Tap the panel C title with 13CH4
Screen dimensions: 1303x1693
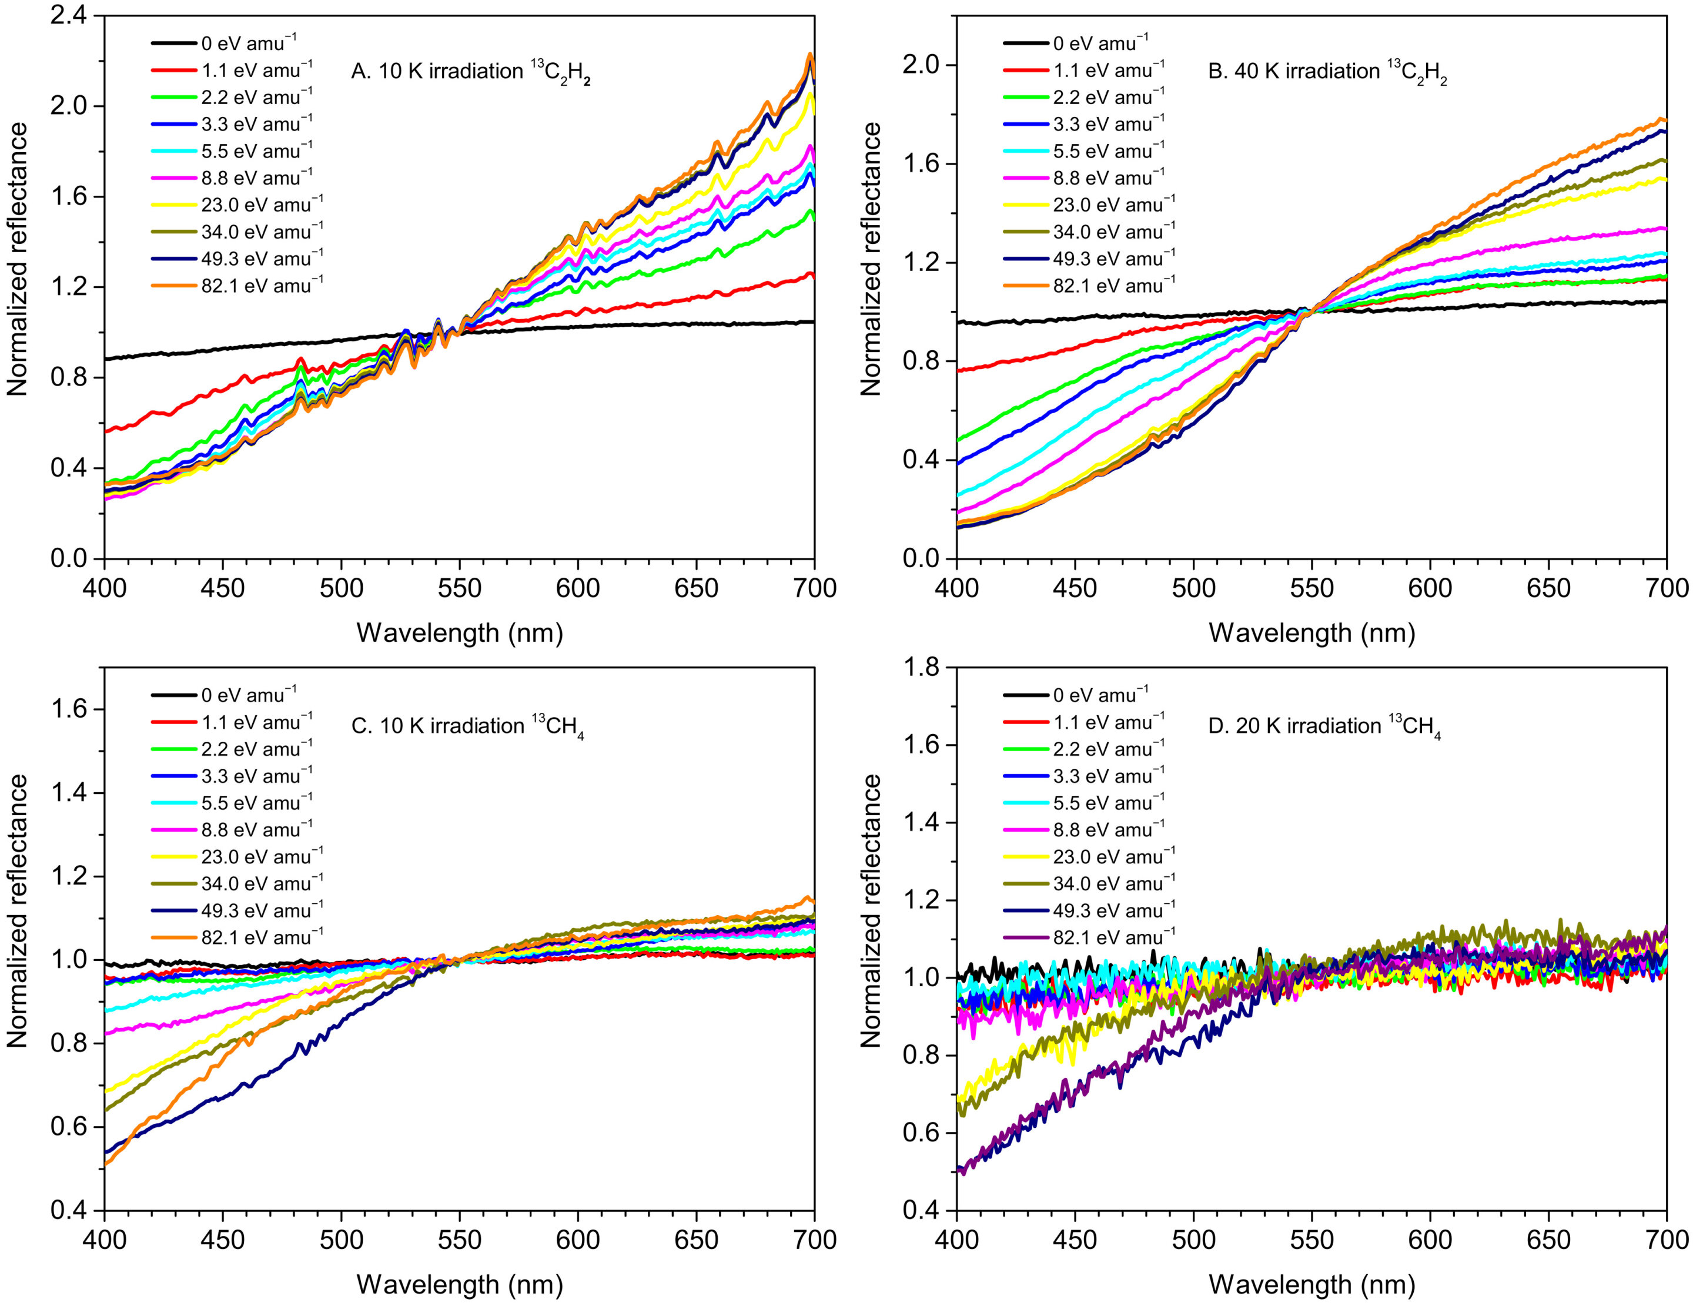(x=467, y=726)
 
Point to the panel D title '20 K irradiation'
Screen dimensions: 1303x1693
(x=1324, y=726)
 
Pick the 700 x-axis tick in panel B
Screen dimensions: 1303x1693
(x=1666, y=588)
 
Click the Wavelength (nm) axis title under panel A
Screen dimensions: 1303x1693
(x=460, y=634)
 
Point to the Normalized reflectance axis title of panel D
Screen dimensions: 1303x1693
(x=871, y=911)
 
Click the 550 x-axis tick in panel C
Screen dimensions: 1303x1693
(x=460, y=1240)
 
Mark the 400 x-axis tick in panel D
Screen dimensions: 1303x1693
(x=956, y=1240)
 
